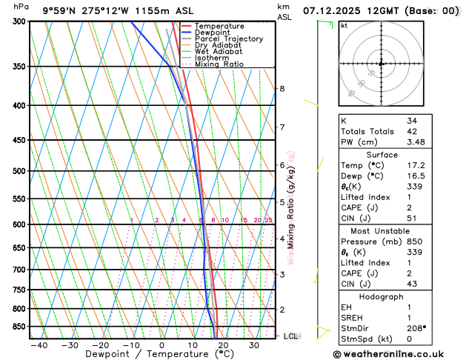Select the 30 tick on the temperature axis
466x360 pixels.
(x=254, y=346)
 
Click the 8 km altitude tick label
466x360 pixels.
(x=282, y=89)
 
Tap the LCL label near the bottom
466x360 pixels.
(x=292, y=336)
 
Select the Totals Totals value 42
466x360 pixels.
(x=412, y=131)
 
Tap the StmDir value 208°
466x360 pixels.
(x=417, y=328)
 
